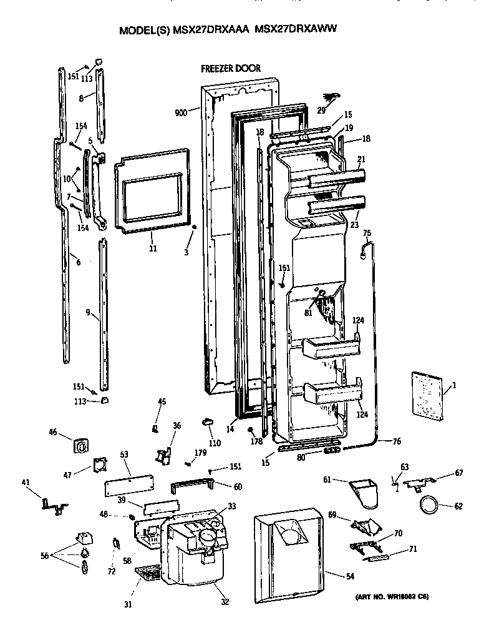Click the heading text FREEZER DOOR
(231, 68)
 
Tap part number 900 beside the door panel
(181, 112)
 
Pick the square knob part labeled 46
(80, 445)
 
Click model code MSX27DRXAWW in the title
(297, 29)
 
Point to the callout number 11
(153, 248)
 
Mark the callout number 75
(367, 234)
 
